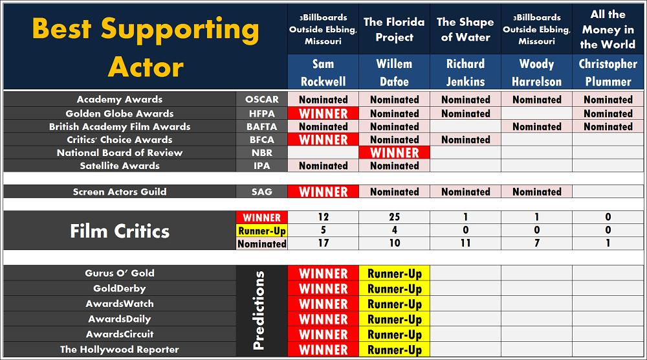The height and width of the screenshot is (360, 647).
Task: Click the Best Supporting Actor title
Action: pyautogui.click(x=146, y=47)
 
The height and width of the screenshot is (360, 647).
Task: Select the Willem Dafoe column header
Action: pyautogui.click(x=394, y=73)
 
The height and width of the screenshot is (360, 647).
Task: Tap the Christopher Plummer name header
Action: pyautogui.click(x=608, y=73)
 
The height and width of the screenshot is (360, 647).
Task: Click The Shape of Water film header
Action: pyautogui.click(x=465, y=29)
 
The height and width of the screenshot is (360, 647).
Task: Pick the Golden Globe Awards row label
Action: pyautogui.click(x=120, y=113)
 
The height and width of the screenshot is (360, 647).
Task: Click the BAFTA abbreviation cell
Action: pyautogui.click(x=261, y=127)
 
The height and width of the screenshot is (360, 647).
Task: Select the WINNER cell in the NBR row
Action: pyautogui.click(x=395, y=153)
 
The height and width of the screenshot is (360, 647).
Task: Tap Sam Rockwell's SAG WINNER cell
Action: pyautogui.click(x=323, y=192)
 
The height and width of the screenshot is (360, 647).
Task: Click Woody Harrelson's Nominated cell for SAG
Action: pyautogui.click(x=537, y=192)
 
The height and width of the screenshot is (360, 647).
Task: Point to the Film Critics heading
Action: pyautogui.click(x=120, y=231)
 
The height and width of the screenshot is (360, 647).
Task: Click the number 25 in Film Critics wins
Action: pyautogui.click(x=395, y=217)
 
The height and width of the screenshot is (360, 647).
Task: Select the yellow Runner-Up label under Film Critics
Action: pyautogui.click(x=261, y=231)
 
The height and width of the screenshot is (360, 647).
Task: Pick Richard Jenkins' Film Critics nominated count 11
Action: pyautogui.click(x=465, y=243)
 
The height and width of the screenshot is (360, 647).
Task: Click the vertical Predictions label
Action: pyautogui.click(x=258, y=310)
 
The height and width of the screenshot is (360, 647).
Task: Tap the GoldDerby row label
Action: pyautogui.click(x=120, y=289)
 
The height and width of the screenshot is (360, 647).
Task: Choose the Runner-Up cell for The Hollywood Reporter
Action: pyautogui.click(x=395, y=350)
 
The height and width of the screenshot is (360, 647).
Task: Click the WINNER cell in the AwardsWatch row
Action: pyautogui.click(x=323, y=304)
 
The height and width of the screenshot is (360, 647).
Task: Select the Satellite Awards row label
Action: pyautogui.click(x=120, y=166)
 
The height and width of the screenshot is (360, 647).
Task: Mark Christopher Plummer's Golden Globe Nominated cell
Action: pyautogui.click(x=608, y=113)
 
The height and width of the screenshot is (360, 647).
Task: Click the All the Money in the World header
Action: pyautogui.click(x=608, y=29)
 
